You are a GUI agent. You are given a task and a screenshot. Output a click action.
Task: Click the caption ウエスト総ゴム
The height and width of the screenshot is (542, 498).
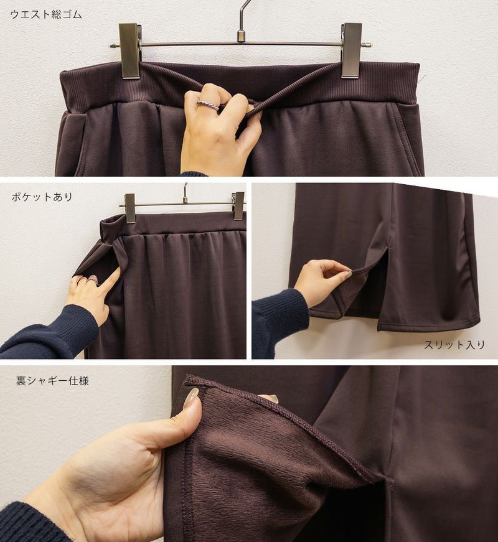46,14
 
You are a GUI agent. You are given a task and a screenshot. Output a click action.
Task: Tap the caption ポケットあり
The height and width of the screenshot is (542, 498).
42,197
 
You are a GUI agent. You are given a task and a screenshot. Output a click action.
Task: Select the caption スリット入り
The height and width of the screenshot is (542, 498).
454,345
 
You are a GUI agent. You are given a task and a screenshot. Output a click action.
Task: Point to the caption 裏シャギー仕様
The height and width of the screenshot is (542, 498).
52,381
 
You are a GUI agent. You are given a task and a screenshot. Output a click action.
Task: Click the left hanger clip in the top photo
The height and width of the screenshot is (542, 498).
129,50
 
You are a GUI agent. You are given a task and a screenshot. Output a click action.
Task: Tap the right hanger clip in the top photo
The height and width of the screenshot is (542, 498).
352,50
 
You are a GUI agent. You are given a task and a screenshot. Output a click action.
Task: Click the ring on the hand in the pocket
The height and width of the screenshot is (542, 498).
93,280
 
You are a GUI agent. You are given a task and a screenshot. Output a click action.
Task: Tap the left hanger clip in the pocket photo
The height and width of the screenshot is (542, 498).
130,208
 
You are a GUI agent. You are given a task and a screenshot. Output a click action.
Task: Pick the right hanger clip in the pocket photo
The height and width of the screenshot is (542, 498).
238,206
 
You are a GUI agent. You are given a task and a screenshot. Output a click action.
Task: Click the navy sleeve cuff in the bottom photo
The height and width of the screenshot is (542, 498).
31,523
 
